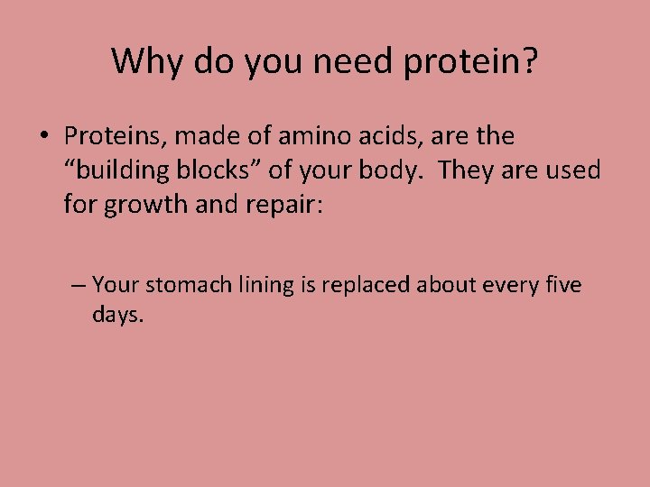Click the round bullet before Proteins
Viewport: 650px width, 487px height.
click(44, 138)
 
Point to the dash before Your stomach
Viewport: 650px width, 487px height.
click(79, 286)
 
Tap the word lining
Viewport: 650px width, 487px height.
click(261, 286)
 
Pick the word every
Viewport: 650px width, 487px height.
click(510, 286)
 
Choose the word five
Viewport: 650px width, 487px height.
click(564, 286)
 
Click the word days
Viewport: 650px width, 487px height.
click(116, 317)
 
